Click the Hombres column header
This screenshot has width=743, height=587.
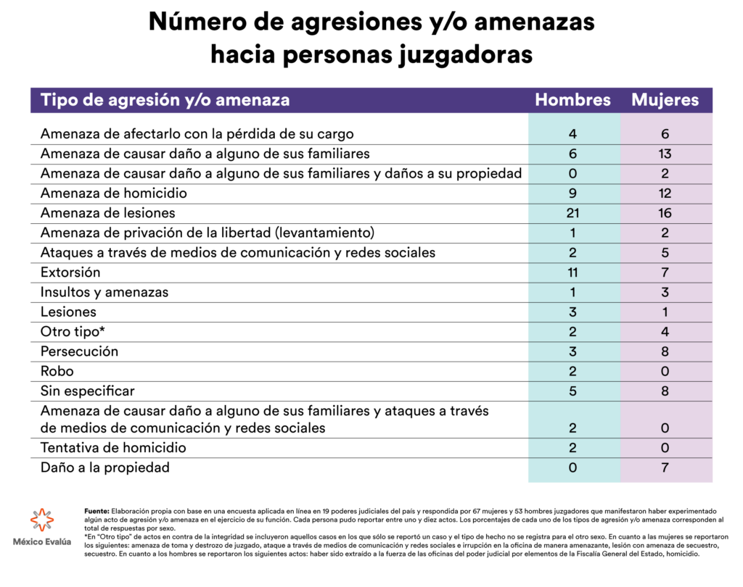tap(572, 100)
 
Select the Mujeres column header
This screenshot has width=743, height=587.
tap(665, 100)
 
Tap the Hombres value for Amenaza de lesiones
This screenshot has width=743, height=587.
tap(572, 213)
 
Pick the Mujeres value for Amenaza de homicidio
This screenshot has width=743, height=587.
tap(665, 193)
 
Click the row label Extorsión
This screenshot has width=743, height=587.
tap(70, 272)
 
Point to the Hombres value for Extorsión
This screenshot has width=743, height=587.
tap(572, 272)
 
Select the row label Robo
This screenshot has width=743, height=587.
tap(57, 371)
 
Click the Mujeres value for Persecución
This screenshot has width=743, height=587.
tap(665, 351)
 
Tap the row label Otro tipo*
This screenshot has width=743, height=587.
tap(73, 332)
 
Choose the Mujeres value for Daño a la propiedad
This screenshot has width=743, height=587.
tap(665, 467)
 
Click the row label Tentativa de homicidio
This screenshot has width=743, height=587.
tap(113, 448)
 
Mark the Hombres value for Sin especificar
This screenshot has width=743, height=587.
tap(572, 391)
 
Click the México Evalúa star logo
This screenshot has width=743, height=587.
tap(41, 520)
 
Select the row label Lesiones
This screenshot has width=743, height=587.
tap(68, 312)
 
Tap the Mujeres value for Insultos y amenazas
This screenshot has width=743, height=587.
tap(665, 292)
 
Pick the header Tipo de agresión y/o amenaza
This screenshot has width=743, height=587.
tap(165, 100)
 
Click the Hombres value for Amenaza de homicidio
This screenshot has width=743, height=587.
tap(572, 193)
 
